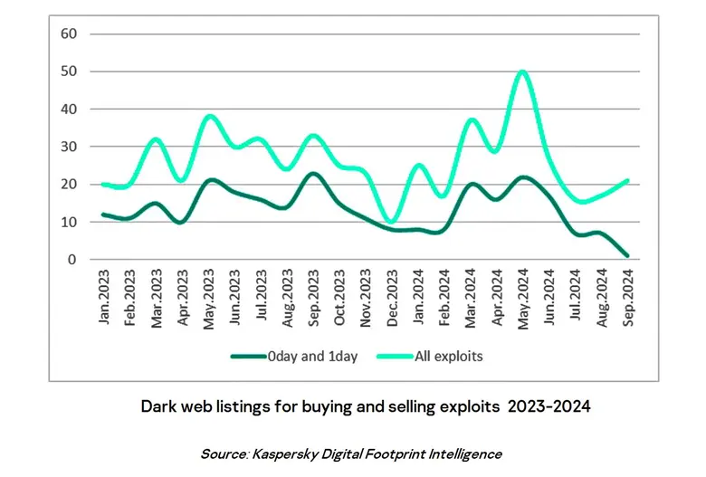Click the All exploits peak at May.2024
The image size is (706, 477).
click(x=522, y=72)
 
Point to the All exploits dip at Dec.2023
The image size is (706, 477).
click(x=391, y=221)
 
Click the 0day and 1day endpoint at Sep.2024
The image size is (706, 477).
click(x=627, y=256)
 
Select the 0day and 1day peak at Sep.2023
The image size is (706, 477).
click(x=313, y=173)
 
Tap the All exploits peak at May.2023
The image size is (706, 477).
click(x=209, y=116)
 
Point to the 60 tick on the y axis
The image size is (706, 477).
click(x=69, y=33)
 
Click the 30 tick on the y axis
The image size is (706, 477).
click(x=69, y=147)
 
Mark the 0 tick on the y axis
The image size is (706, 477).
click(x=72, y=260)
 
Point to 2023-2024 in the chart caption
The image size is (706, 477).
click(x=551, y=406)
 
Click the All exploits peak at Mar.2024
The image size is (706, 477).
click(x=471, y=119)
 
